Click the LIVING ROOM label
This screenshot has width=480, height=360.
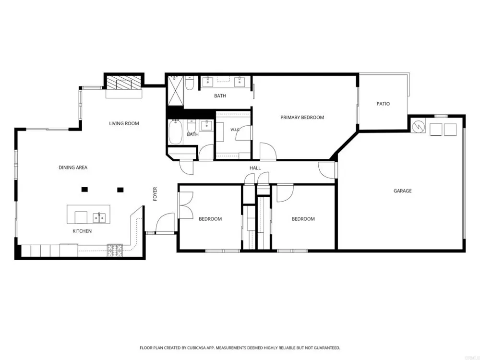[124, 123]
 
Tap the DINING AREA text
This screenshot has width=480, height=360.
[73, 168]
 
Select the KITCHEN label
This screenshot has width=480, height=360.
[82, 231]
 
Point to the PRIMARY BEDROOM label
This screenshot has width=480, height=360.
[302, 117]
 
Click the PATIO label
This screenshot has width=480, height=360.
[383, 104]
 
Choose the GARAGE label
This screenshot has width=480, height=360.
[403, 191]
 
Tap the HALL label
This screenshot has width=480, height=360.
[255, 168]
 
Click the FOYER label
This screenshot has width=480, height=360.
[155, 194]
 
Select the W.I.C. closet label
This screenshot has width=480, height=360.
[235, 130]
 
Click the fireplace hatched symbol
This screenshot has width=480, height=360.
[124, 83]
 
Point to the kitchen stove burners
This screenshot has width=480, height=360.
[115, 250]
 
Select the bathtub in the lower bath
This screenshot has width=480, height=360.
[175, 132]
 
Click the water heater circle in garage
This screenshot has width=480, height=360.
[418, 126]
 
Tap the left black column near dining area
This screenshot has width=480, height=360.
[85, 190]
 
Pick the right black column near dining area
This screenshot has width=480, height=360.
[120, 190]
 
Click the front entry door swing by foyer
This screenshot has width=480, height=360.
[165, 224]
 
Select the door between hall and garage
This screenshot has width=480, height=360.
[327, 170]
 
